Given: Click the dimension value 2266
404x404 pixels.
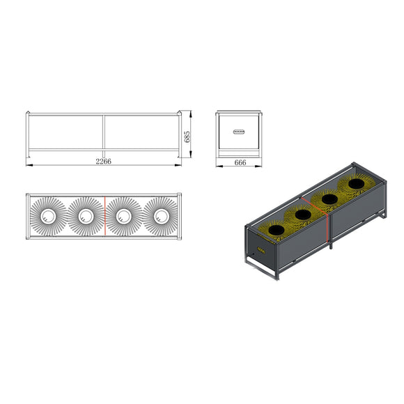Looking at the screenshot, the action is point(104,162).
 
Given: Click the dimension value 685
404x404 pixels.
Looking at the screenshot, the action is point(187,137).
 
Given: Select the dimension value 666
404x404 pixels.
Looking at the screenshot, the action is point(240,162).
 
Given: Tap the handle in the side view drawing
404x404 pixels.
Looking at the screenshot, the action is point(239,132).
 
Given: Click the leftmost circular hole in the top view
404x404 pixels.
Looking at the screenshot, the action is point(48,216).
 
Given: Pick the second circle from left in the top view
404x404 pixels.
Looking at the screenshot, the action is point(86,216).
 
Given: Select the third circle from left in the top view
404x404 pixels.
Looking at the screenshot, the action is point(124,216).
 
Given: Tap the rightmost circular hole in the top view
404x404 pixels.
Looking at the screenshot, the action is point(162,216).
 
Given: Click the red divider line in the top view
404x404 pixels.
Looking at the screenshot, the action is point(105,216).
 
